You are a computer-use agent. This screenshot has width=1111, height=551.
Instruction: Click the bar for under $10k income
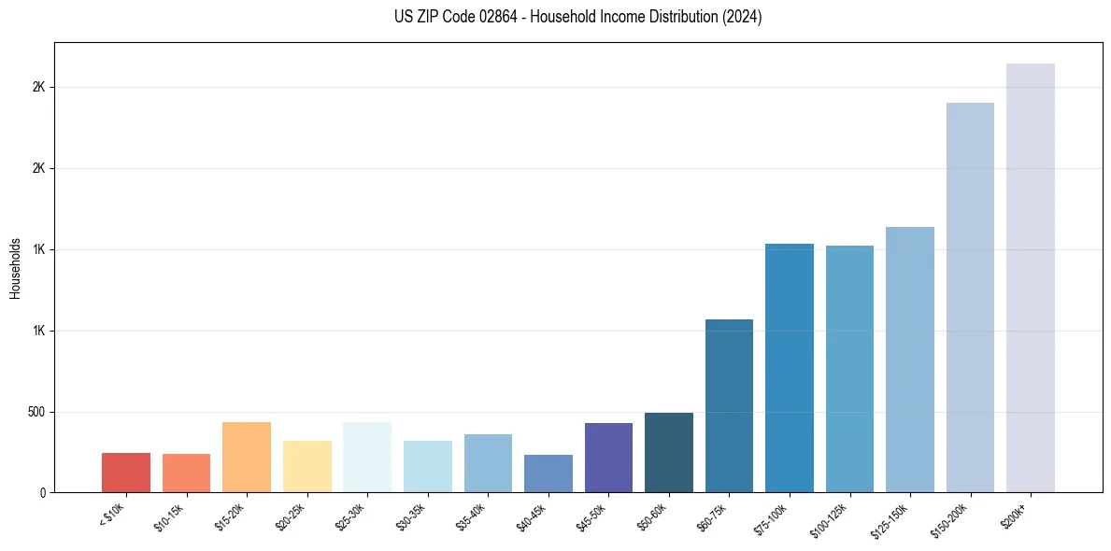[126, 473]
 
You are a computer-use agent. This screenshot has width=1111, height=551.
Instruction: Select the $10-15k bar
[186, 473]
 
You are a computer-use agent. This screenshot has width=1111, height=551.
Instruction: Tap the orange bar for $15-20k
[247, 458]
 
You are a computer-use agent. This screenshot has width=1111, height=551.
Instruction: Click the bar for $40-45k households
[548, 473]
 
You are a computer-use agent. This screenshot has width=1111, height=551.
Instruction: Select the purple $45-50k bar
[608, 458]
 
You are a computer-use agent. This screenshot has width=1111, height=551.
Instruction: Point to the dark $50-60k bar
[669, 453]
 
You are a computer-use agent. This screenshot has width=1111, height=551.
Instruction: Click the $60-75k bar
[729, 406]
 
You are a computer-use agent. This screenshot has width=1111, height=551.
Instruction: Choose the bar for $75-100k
[790, 368]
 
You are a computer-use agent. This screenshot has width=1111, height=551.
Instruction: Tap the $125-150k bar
[910, 360]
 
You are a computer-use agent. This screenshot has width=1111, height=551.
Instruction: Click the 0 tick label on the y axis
[43, 493]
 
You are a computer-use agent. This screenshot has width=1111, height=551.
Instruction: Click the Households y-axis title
[15, 268]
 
